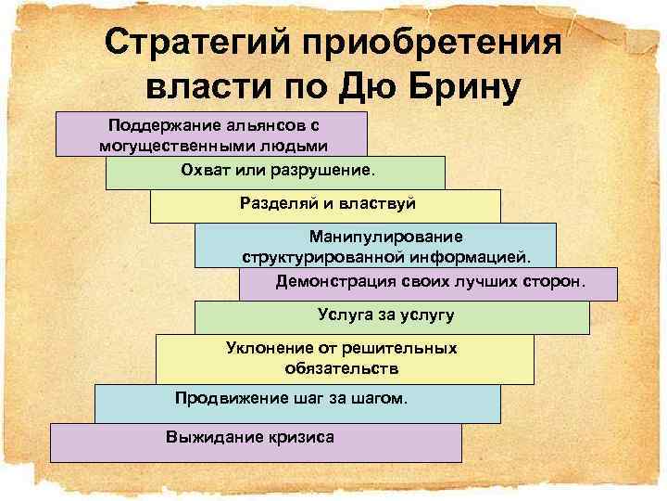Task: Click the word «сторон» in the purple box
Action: [x=557, y=279]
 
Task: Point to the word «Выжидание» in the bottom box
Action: [x=208, y=436]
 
